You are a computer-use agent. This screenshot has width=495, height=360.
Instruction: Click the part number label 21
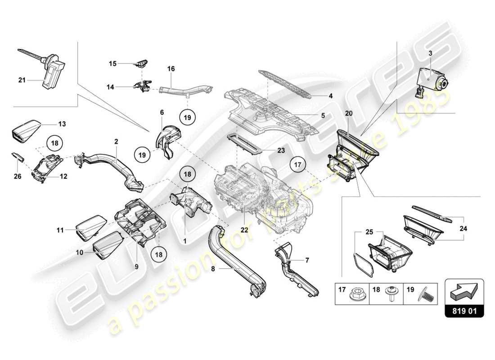point(22,81)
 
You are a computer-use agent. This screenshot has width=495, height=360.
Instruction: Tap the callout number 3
point(430,53)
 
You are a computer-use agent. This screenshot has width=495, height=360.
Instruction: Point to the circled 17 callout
point(297,165)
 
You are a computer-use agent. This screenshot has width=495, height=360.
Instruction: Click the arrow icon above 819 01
point(464,292)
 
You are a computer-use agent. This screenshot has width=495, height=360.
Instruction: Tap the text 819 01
point(464,310)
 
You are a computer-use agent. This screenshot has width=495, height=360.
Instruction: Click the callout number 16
point(171,69)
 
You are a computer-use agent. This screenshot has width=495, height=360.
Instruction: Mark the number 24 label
point(464,228)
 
